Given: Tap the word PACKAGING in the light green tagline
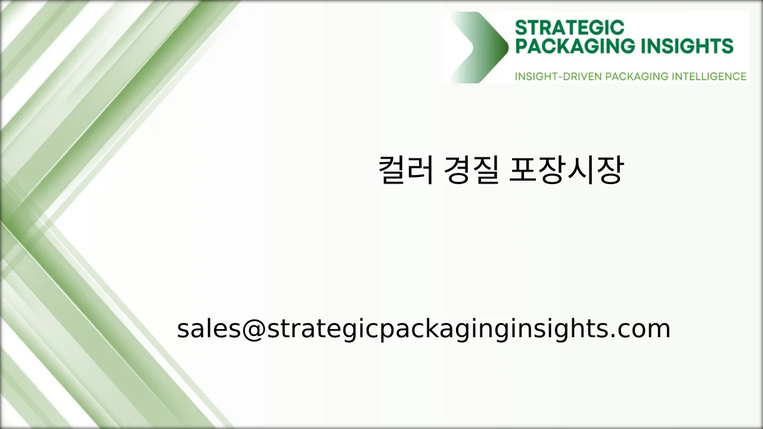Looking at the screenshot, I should click(x=637, y=76).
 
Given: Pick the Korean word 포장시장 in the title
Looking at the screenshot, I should click(x=566, y=170).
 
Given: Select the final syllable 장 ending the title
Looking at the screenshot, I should click(x=609, y=170).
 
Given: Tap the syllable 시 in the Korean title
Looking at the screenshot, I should click(x=581, y=170).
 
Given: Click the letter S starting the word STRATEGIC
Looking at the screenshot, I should click(x=520, y=27).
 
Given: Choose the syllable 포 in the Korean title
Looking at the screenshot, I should click(x=523, y=170).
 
